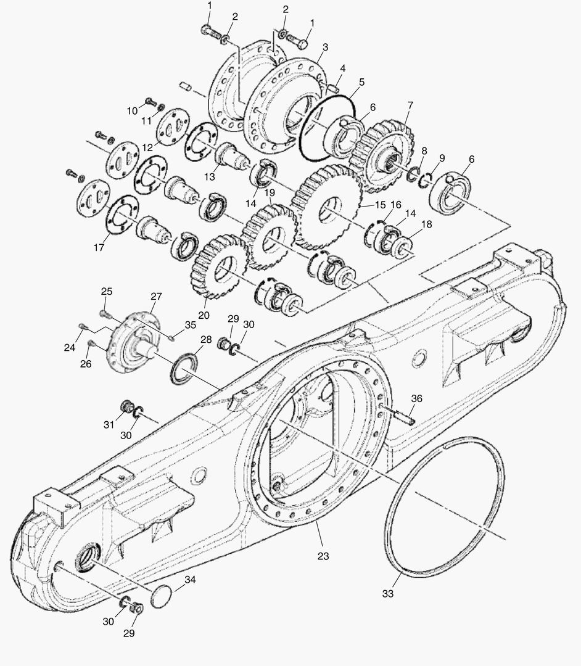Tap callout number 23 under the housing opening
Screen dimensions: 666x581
[x=323, y=556]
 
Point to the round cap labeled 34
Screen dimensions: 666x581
[x=162, y=596]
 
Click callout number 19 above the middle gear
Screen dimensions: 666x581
[x=270, y=192]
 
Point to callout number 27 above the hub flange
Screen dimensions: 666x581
[x=155, y=296]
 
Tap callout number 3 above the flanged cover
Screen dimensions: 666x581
[x=325, y=46]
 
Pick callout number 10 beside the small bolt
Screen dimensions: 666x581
[x=132, y=110]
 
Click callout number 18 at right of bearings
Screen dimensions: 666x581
[x=408, y=227]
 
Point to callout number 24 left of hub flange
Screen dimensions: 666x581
[x=70, y=348]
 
